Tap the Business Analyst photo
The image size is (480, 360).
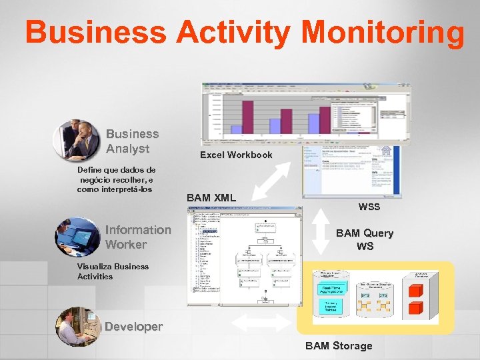(77, 140)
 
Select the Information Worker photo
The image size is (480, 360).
(77, 236)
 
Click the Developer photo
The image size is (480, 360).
(77, 326)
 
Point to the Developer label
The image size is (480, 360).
(133, 327)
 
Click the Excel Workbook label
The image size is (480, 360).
(236, 155)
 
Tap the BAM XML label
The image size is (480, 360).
(211, 197)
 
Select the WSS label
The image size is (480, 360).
(369, 207)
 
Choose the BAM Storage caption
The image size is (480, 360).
(339, 345)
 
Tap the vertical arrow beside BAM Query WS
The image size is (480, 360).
(321, 231)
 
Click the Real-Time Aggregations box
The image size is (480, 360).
(329, 288)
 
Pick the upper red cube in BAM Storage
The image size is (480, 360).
(416, 290)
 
